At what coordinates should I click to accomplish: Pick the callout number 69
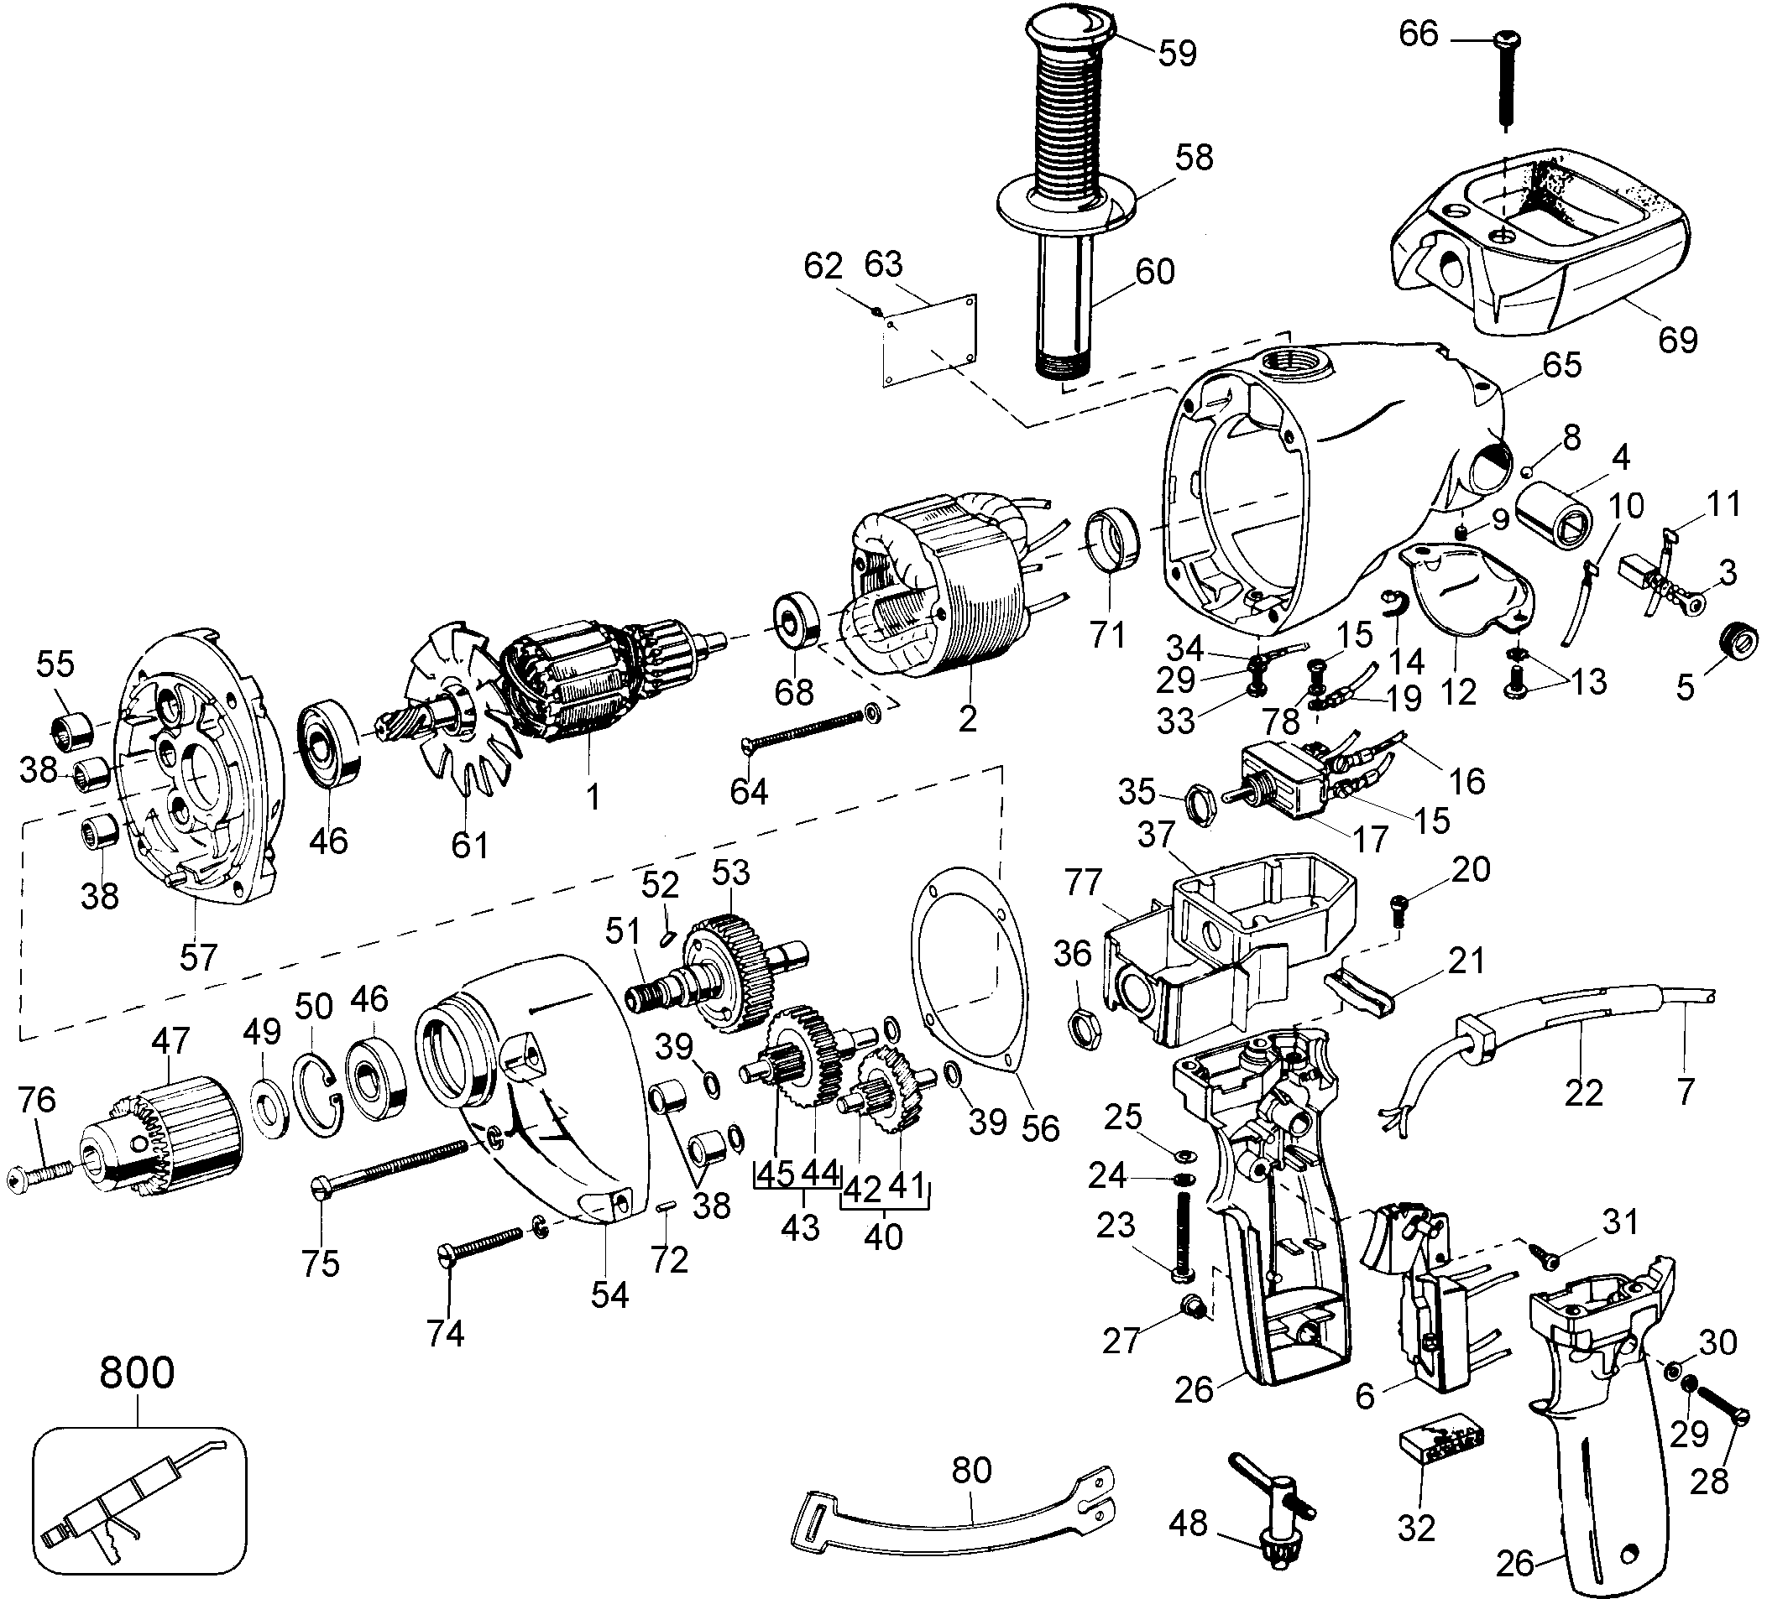pos(1677,339)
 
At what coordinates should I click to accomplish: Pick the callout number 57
pos(198,956)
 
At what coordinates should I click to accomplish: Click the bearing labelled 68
pos(795,623)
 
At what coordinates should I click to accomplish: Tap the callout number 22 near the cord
pos(1583,1091)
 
